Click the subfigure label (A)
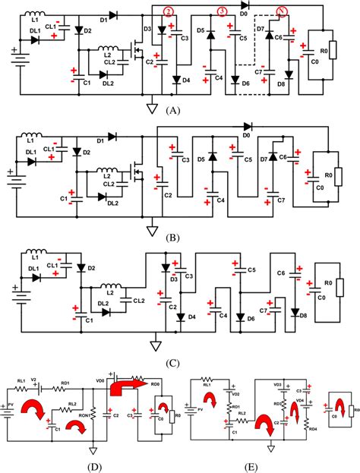pyautogui.click(x=174, y=109)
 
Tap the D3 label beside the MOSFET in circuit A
pyautogui.click(x=148, y=29)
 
